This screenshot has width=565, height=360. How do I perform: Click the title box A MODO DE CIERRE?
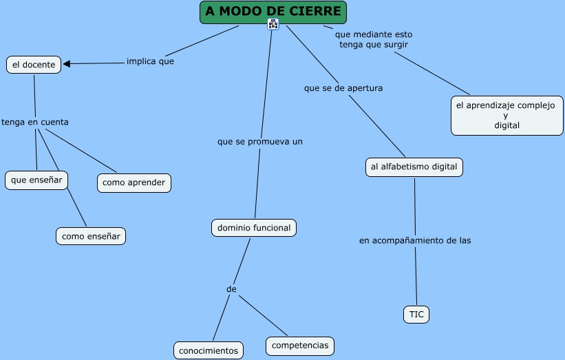[273, 12]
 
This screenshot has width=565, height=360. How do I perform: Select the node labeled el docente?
[34, 65]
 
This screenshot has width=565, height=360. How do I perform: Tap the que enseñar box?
[36, 180]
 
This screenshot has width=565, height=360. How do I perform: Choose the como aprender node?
[134, 182]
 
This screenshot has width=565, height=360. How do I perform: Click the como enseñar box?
[91, 236]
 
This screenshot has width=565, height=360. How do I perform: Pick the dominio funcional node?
[254, 227]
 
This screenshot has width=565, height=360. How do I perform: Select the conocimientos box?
[209, 350]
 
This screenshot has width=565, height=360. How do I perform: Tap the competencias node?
[300, 346]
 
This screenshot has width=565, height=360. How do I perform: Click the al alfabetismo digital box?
[414, 167]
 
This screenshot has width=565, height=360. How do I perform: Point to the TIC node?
[416, 315]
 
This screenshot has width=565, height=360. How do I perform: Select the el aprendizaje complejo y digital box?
[507, 116]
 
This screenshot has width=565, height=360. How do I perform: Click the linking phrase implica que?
[150, 61]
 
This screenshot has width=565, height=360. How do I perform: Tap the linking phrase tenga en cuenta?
[35, 122]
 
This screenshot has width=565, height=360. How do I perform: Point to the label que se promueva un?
[260, 141]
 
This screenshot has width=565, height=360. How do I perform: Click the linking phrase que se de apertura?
[343, 88]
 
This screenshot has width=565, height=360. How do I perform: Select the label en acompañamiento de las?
[415, 240]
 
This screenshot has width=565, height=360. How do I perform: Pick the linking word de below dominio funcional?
[231, 289]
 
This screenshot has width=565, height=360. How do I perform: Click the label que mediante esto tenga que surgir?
[374, 39]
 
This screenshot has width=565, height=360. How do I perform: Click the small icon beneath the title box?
[273, 25]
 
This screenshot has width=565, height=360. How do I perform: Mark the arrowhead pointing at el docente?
[67, 64]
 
